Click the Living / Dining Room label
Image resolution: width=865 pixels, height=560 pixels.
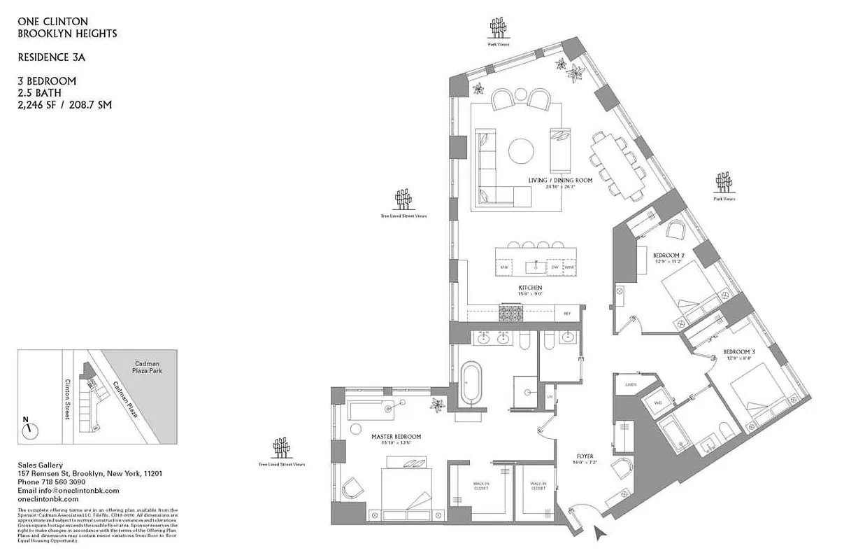pos(560,181)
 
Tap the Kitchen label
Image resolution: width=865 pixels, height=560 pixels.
pos(530,288)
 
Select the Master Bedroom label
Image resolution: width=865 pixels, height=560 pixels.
pos(396,437)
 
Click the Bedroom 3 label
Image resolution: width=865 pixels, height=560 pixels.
pos(738,351)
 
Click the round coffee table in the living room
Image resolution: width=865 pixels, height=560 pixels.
pos(522,150)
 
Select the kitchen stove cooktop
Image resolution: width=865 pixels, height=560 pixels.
pos(510,313)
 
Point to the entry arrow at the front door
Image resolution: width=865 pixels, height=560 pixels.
pos(600,535)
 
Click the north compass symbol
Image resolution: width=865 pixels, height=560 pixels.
pos(29,430)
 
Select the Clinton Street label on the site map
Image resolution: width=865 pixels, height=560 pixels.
pos(68,400)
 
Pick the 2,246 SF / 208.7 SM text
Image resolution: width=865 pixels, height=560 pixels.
pos(65,105)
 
